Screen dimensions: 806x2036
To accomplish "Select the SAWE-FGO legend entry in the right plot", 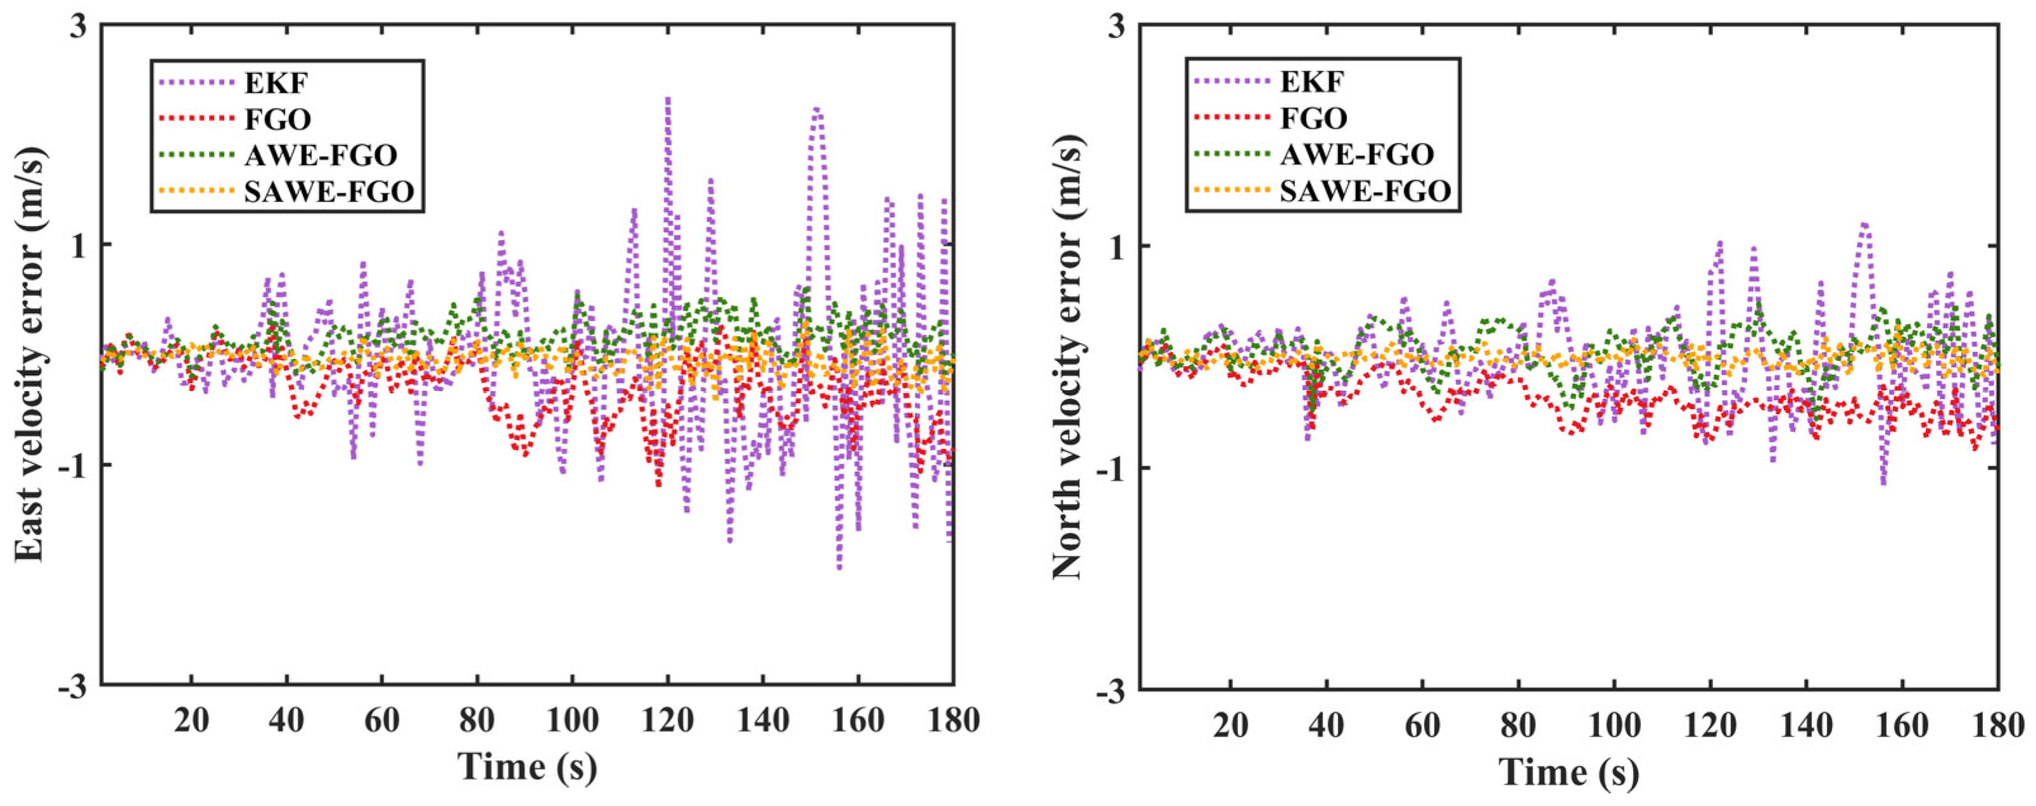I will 1365,191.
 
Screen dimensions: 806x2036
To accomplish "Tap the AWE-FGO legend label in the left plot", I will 320,155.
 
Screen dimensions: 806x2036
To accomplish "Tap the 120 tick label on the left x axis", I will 668,721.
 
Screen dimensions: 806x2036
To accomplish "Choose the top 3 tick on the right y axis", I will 1118,25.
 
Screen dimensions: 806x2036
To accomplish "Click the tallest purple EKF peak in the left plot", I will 668,99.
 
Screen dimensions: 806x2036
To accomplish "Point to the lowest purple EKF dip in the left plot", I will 838,567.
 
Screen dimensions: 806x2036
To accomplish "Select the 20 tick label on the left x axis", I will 191,721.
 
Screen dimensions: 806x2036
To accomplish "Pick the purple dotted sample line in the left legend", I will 196,82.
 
